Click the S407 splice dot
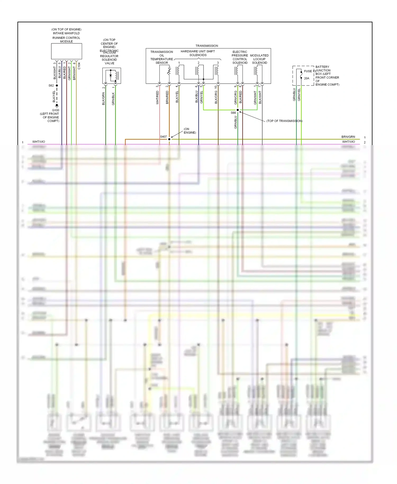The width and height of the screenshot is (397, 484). pyautogui.click(x=169, y=139)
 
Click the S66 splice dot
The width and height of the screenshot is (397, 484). pyautogui.click(x=238, y=110)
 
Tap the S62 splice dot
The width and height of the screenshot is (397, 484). pyautogui.click(x=57, y=86)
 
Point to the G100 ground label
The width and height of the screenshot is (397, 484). pyautogui.click(x=56, y=110)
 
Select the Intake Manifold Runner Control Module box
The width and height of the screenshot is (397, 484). pyautogui.click(x=66, y=51)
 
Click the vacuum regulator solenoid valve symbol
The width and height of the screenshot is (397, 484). pyautogui.click(x=112, y=76)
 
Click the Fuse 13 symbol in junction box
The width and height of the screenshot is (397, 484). pyautogui.click(x=301, y=75)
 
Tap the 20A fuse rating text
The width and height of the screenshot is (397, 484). pyautogui.click(x=306, y=78)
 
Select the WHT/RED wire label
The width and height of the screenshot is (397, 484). pyautogui.click(x=157, y=97)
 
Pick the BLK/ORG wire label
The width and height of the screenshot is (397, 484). pyautogui.click(x=216, y=97)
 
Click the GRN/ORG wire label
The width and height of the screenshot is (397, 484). pyautogui.click(x=236, y=97)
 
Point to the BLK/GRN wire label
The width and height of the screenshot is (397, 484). pyautogui.click(x=103, y=98)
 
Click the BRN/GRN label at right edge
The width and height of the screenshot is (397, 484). pyautogui.click(x=348, y=137)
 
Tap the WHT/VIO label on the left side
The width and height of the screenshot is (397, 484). pyautogui.click(x=39, y=142)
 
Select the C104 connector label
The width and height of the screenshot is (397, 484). pyautogui.click(x=79, y=66)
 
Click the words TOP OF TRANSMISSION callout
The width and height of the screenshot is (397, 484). pyautogui.click(x=284, y=121)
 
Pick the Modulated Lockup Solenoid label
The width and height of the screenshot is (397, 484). pyautogui.click(x=259, y=59)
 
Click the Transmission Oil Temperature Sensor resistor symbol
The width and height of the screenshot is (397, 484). pyautogui.click(x=169, y=71)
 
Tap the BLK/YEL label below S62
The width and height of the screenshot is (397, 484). pyautogui.click(x=54, y=96)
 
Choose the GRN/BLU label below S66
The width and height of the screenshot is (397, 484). pyautogui.click(x=236, y=122)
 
